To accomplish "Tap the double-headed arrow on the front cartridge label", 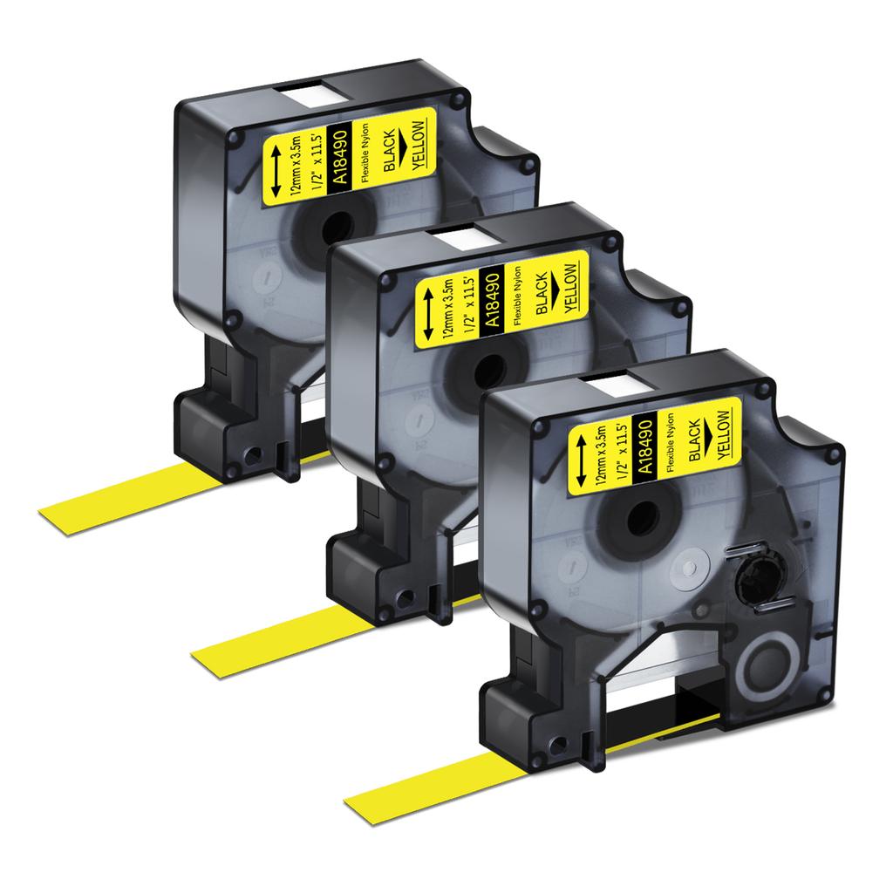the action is coord(582,460).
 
